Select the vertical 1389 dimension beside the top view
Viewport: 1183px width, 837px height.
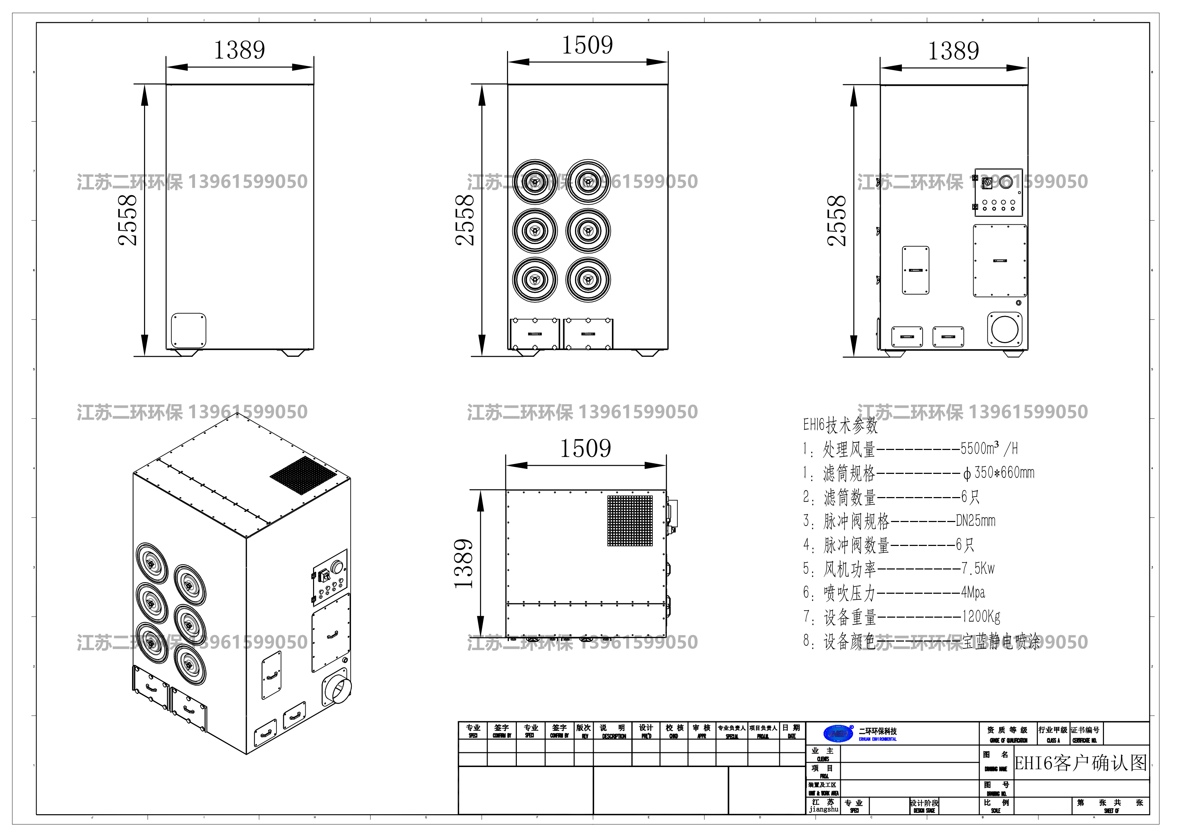(x=464, y=564)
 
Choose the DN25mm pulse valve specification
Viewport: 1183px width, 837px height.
(x=975, y=521)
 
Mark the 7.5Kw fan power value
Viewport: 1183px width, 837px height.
(x=977, y=568)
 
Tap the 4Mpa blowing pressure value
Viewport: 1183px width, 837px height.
(x=973, y=593)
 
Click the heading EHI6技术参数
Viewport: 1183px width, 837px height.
(x=840, y=425)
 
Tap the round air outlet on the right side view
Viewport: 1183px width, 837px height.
(x=1005, y=329)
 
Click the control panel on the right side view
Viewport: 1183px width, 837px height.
(x=999, y=192)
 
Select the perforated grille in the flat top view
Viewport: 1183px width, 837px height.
(x=630, y=521)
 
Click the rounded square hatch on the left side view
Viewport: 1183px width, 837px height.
(x=189, y=330)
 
